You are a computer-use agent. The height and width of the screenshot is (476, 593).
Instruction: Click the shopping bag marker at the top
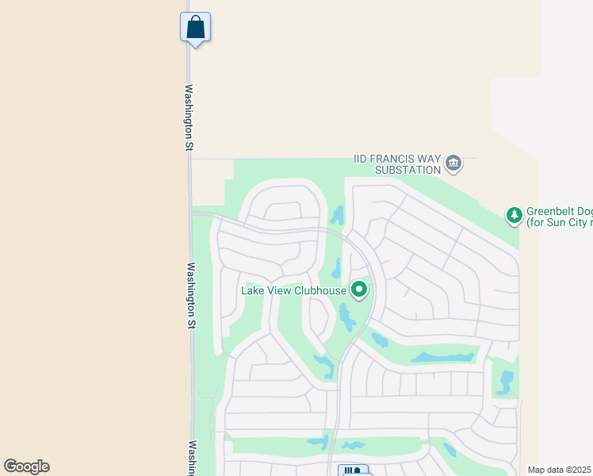pos(195,28)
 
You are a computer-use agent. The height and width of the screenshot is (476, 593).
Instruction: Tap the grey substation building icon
pos(453,163)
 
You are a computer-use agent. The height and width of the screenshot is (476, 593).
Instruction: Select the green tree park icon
pos(515,214)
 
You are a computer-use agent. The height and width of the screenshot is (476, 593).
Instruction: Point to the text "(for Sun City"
pos(556,223)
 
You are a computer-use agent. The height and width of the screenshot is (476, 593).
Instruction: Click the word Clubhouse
pos(320,290)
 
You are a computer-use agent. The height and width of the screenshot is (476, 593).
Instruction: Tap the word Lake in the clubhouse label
pos(254,290)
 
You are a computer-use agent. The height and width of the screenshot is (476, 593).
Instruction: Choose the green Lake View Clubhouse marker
pos(359,290)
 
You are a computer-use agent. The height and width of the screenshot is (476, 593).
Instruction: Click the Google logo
pos(26,466)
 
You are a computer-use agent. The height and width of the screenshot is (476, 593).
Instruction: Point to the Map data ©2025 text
pos(558,470)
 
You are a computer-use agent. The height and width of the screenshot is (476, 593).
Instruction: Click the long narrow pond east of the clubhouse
pos(442,358)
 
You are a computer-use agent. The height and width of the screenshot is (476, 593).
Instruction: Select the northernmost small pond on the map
pos(339,214)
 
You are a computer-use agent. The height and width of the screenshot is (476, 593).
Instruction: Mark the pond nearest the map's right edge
pos(505,382)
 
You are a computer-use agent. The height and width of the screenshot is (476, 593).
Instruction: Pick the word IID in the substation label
pos(362,159)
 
